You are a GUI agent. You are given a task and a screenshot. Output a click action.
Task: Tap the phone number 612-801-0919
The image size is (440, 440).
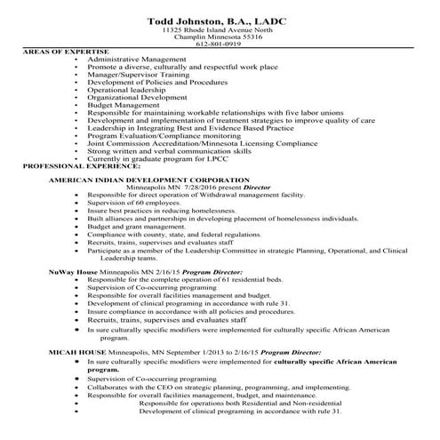click(219, 44)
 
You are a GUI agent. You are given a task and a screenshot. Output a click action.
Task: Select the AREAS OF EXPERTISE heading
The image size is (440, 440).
click(64, 52)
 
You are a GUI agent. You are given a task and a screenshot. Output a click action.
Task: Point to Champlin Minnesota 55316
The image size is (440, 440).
click(219, 37)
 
